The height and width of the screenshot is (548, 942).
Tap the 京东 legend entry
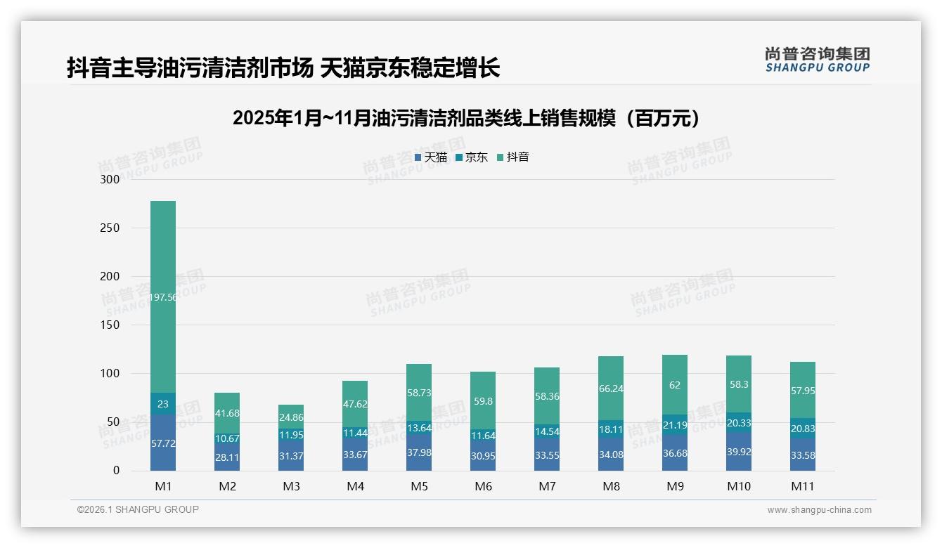pos(472,157)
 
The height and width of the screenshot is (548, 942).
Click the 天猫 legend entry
pos(431,157)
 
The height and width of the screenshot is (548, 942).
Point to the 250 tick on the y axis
pos(110,228)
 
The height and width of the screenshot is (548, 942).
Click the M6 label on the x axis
pos(483,486)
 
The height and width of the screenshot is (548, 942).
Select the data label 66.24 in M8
pos(611,389)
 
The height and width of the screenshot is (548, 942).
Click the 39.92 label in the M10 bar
pos(739,452)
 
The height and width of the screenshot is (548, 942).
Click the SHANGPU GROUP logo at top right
pos(817,60)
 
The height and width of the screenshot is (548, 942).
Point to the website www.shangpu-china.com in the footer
pos(819,510)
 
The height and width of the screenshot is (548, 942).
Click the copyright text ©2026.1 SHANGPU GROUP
pos(138,509)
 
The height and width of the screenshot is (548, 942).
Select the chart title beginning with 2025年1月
pos(467,118)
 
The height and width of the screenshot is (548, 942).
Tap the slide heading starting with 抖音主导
pos(283,68)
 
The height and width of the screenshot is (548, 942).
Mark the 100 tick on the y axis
pos(110,373)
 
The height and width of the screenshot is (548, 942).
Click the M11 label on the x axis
pos(802,486)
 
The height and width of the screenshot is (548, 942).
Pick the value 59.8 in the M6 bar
pos(483,402)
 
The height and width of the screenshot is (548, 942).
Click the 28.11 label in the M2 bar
pos(227,457)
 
